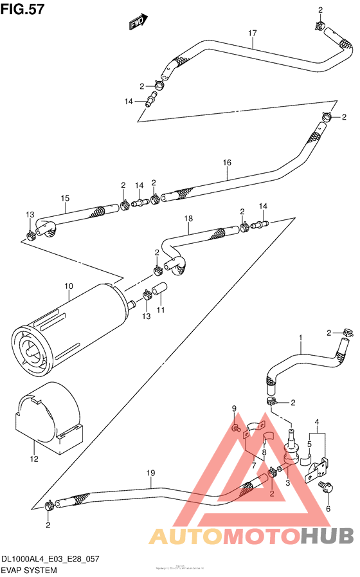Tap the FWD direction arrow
point(137,23)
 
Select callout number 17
point(253,33)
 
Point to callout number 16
point(227,163)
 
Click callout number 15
point(65,198)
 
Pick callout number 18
point(188,219)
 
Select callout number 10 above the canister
point(69,286)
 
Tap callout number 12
point(33,459)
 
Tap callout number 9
point(235,408)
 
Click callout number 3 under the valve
point(288,482)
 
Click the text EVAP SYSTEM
point(29,570)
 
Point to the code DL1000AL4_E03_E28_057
point(50,560)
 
